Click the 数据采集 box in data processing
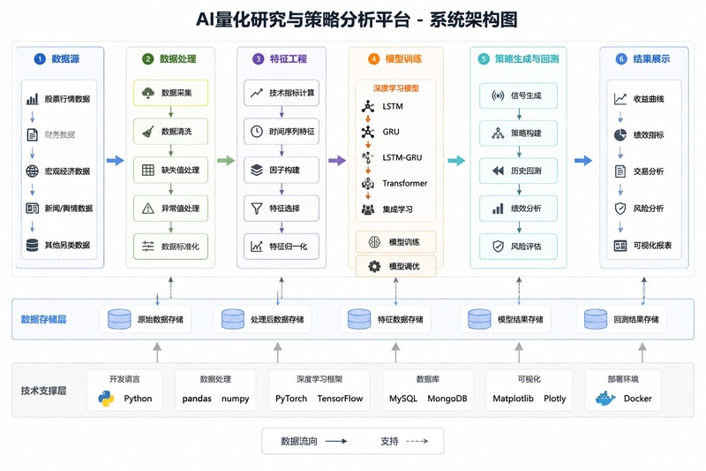(x=170, y=93)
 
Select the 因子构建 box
(x=282, y=170)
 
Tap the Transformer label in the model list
(x=405, y=184)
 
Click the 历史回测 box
(x=518, y=171)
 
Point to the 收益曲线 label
(x=649, y=99)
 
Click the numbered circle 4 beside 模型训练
(x=373, y=59)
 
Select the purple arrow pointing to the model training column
(x=337, y=161)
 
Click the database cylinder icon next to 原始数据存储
(x=119, y=319)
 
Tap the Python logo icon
(x=106, y=399)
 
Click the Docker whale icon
(x=605, y=399)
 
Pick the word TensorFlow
(x=340, y=399)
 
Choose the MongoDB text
(x=447, y=399)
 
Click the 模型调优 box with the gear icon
(x=395, y=266)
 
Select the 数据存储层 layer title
(x=43, y=320)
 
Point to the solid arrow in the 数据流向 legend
(x=336, y=441)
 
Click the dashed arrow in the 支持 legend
(x=417, y=441)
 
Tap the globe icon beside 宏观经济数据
(x=32, y=171)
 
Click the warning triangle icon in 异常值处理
(x=148, y=209)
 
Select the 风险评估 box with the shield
(x=518, y=247)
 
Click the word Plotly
(x=555, y=399)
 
